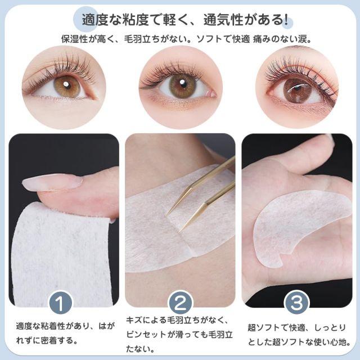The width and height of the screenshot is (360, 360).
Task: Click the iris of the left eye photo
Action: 66,86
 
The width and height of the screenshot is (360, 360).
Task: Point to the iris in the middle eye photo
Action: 182,85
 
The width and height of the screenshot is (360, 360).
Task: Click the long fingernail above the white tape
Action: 52,182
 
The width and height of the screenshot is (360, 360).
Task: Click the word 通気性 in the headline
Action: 223,20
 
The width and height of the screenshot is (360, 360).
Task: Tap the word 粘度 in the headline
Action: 136,20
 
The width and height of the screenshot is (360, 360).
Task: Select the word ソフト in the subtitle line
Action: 210,39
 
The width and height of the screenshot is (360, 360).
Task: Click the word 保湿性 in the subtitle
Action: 75,39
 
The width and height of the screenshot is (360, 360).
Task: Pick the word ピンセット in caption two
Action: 146,335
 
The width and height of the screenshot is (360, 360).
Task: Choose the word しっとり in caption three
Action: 330,328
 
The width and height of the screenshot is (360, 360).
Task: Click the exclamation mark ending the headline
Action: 286,20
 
